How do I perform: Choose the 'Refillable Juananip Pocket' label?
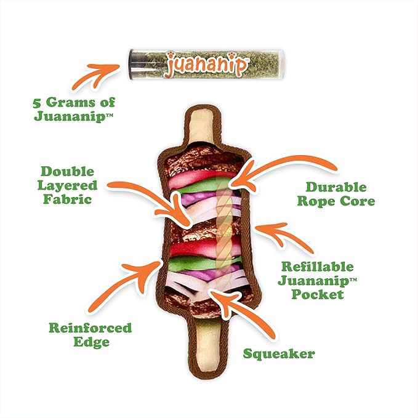(317, 281)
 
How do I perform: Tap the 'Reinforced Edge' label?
(90, 334)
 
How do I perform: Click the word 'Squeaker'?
(278, 353)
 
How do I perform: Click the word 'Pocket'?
(318, 294)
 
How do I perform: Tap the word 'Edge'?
(90, 342)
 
